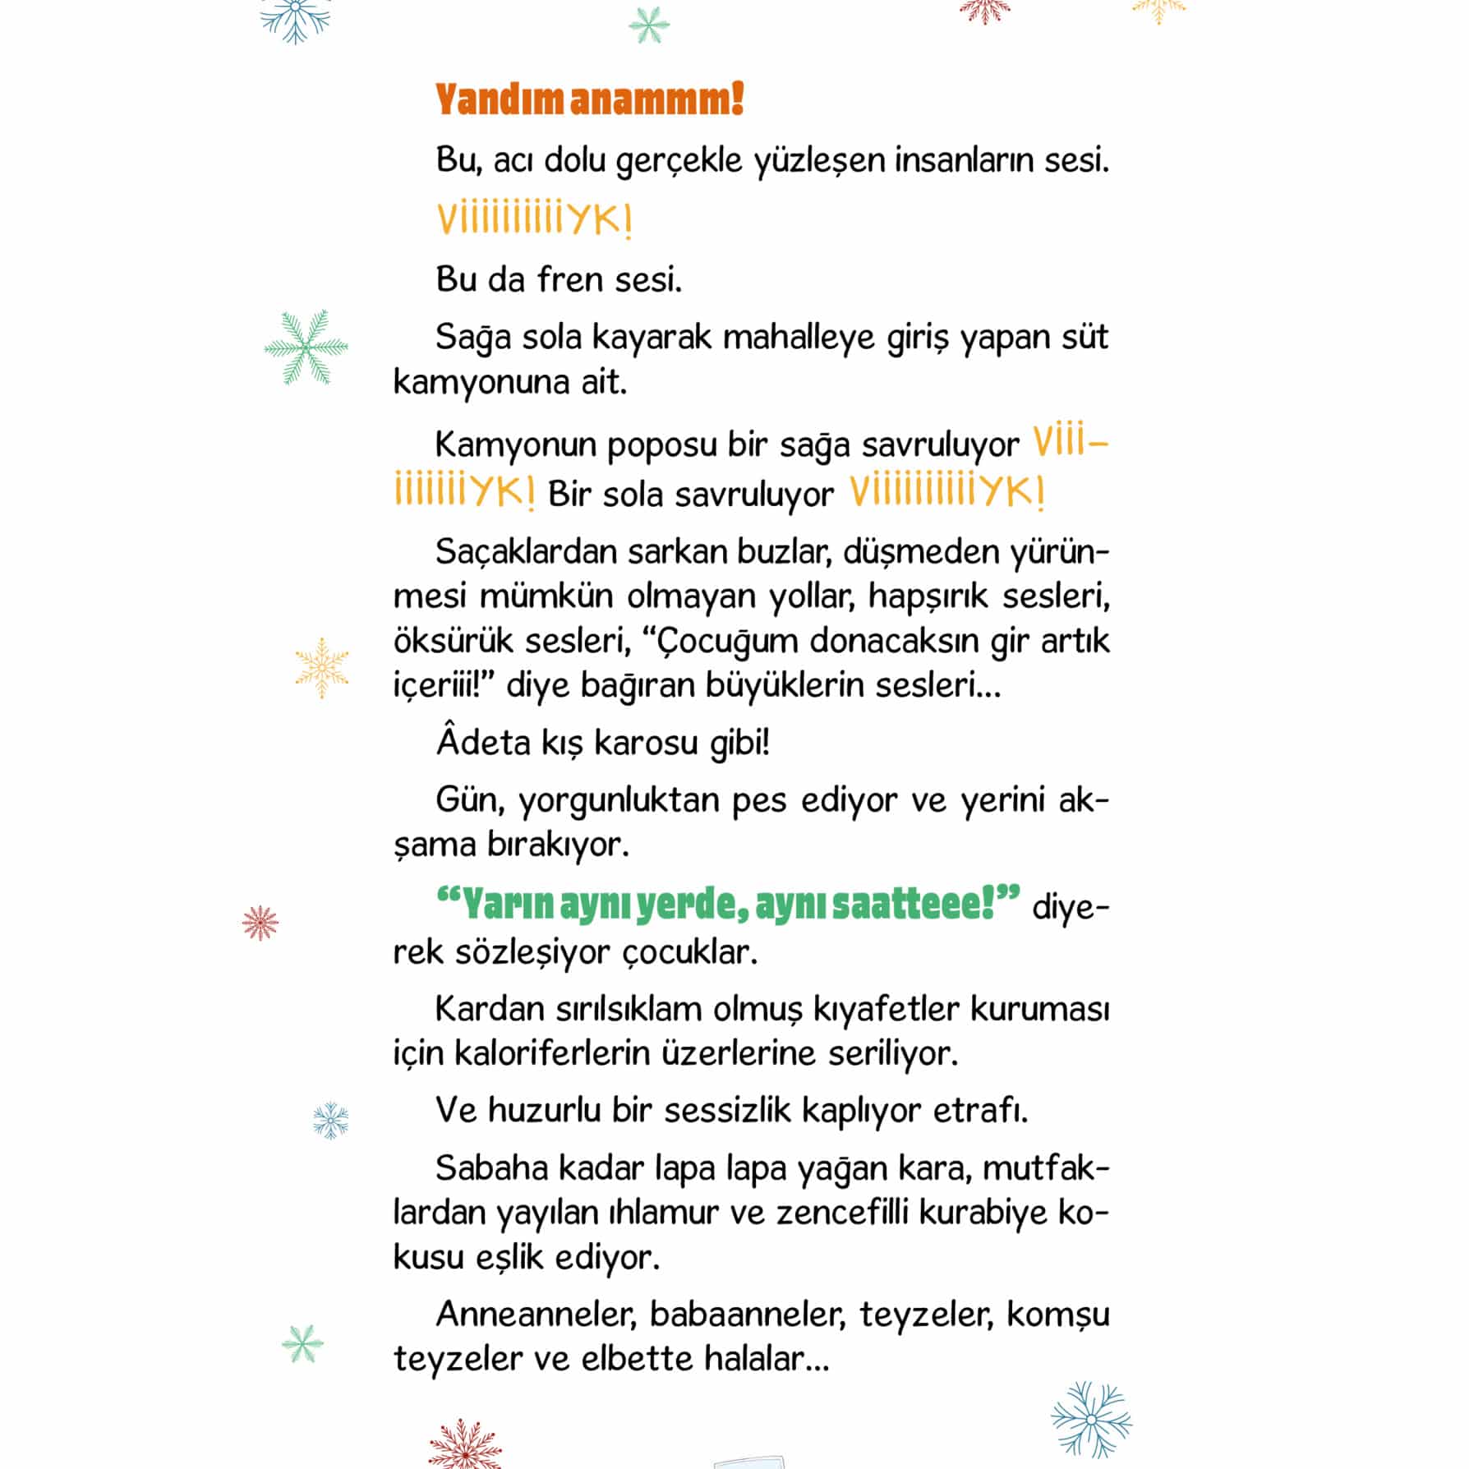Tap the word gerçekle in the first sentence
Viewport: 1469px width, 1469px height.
[x=679, y=161]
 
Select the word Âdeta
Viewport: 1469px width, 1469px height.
[x=483, y=743]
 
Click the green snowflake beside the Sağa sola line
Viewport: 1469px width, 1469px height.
[x=306, y=348]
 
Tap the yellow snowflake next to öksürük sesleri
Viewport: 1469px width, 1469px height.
[x=322, y=667]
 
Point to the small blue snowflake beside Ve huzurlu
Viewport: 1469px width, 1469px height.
[x=331, y=1120]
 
